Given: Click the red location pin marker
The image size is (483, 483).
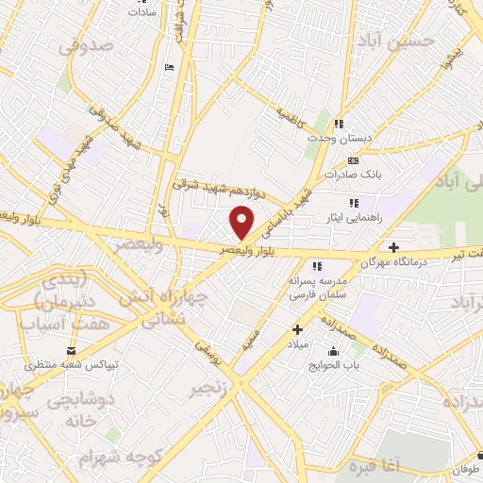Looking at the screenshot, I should pyautogui.click(x=242, y=222).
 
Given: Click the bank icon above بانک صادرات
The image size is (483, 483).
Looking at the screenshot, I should pyautogui.click(x=354, y=161).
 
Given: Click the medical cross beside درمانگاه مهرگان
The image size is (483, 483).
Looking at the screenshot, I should pyautogui.click(x=393, y=247).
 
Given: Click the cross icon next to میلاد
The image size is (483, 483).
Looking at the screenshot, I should pyautogui.click(x=297, y=329).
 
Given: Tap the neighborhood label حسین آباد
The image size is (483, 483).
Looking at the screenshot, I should pyautogui.click(x=403, y=42).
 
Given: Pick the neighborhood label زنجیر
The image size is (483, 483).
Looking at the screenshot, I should pyautogui.click(x=209, y=389).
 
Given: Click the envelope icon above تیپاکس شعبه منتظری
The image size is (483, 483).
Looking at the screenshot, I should pyautogui.click(x=71, y=350).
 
